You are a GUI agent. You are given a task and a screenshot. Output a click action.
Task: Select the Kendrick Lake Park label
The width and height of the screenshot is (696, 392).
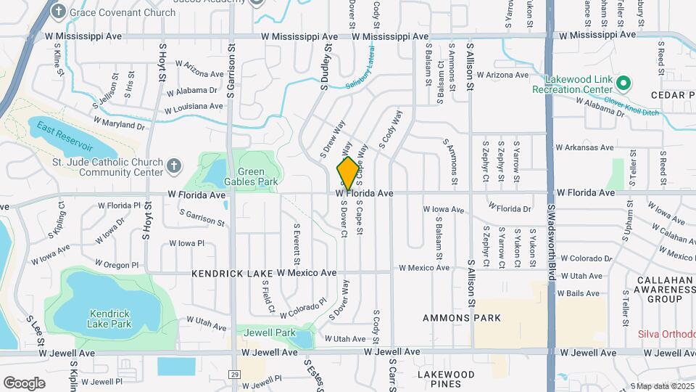[x=109, y=319]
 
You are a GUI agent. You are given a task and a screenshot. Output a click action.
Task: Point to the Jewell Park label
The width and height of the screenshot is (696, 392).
[x=269, y=332]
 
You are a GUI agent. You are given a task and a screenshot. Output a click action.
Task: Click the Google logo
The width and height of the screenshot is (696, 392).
[x=24, y=383]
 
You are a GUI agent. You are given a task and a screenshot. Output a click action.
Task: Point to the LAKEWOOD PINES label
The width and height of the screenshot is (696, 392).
[x=445, y=380]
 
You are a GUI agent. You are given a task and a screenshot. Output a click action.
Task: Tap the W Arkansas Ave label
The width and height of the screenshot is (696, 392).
[x=584, y=147]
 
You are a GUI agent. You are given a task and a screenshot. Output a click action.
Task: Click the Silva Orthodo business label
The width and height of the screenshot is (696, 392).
[x=666, y=334]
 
